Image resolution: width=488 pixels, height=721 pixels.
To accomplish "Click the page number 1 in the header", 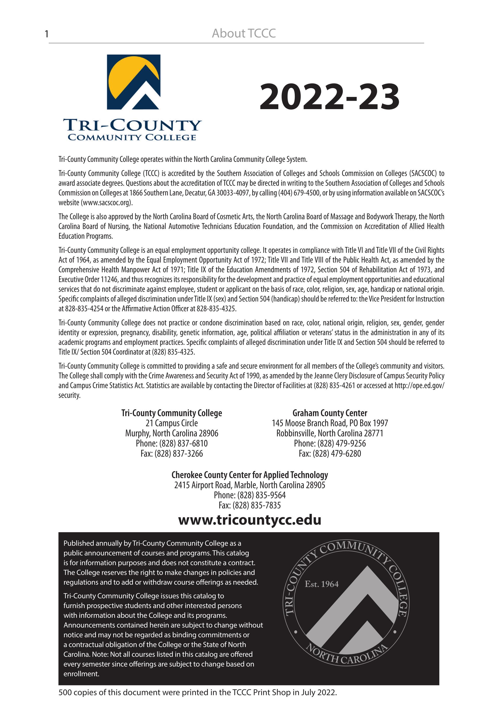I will [x=47, y=34].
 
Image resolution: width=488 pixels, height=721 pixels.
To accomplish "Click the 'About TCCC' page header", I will [x=243, y=34].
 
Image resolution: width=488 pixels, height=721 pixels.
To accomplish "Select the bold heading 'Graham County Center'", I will [x=330, y=413].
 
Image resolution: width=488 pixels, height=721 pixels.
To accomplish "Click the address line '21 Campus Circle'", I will [x=171, y=423].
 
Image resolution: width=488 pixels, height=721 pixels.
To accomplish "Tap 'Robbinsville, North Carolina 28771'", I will [x=330, y=433].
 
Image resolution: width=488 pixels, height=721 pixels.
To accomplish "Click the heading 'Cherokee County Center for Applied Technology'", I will [x=249, y=475].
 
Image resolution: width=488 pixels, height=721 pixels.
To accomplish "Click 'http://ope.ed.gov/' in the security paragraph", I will [x=419, y=386].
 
